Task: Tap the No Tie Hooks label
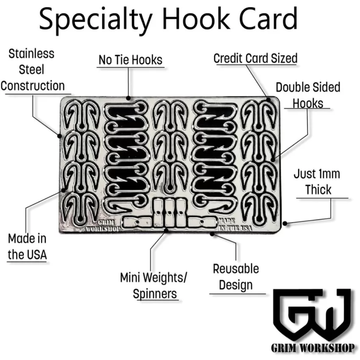tap(130, 60)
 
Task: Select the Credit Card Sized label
tap(255, 58)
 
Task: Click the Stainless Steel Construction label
tap(33, 70)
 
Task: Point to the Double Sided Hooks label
tap(308, 95)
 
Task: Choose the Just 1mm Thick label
tap(317, 182)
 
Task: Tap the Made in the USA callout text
tap(27, 246)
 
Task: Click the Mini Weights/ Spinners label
tap(154, 285)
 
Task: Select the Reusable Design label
tap(236, 277)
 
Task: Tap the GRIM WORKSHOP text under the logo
tap(313, 349)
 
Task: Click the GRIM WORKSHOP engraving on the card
tap(103, 226)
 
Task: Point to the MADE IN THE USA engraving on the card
tap(234, 224)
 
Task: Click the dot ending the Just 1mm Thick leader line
tap(285, 223)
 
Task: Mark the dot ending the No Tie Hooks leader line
tap(128, 98)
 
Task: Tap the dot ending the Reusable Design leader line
tap(212, 234)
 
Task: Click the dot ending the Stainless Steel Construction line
tap(59, 136)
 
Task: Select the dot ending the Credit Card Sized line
tap(269, 100)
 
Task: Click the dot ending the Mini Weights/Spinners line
tap(166, 230)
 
